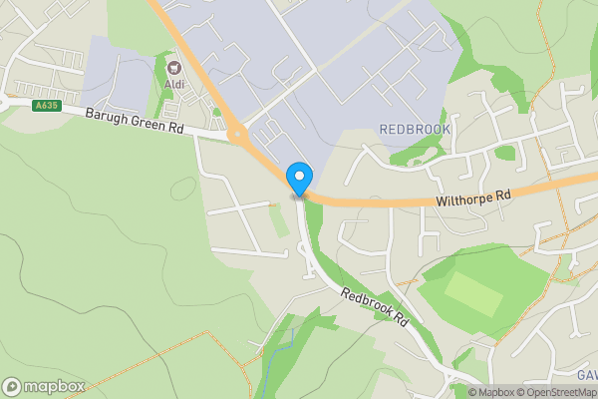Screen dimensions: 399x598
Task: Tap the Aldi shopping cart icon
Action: pos(174,68)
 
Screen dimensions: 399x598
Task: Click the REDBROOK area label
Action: pos(415,130)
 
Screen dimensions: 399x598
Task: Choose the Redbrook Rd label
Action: pos(375,308)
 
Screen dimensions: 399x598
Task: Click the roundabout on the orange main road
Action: pos(237,134)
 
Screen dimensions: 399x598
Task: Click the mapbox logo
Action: pos(43,386)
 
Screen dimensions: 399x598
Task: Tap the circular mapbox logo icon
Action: pos(12,386)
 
